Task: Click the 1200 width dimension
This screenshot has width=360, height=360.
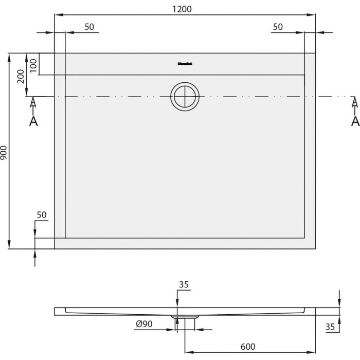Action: point(184,9)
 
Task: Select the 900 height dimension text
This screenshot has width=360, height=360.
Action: point(5,151)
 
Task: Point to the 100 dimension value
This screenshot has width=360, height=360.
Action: point(33,64)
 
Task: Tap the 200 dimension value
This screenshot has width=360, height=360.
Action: point(21,76)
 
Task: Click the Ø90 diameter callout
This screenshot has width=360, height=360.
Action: point(144,323)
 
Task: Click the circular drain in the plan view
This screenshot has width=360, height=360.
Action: point(185,96)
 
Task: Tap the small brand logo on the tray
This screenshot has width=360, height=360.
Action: point(185,65)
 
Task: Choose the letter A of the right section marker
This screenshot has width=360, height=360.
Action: point(354,121)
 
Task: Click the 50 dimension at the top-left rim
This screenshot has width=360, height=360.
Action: point(89,27)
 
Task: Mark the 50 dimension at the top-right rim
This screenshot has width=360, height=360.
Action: point(278,27)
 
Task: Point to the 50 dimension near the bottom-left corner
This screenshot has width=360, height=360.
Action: point(42,214)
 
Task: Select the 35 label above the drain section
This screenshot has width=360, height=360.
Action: point(184,284)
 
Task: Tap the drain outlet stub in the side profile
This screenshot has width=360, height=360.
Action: point(185,321)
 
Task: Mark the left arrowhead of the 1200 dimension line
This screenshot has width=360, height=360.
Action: point(57,15)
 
